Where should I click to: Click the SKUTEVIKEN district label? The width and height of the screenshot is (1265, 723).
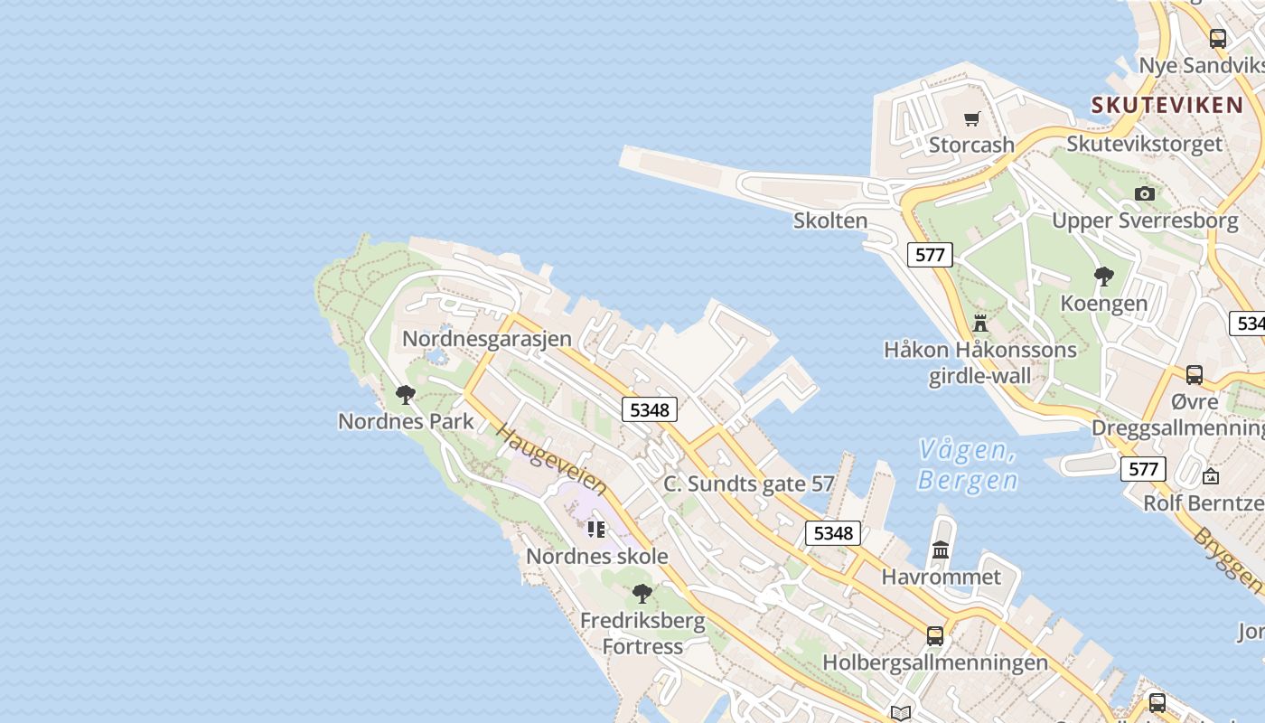pyautogui.click(x=1167, y=105)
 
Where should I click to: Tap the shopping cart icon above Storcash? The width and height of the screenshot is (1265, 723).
pyautogui.click(x=972, y=118)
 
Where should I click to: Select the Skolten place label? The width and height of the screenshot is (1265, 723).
pyautogui.click(x=830, y=221)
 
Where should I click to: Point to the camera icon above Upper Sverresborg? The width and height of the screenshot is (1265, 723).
pyautogui.click(x=1145, y=193)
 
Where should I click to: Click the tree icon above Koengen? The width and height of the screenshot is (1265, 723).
pyautogui.click(x=1103, y=277)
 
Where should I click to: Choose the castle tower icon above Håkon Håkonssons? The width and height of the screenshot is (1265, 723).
pyautogui.click(x=980, y=323)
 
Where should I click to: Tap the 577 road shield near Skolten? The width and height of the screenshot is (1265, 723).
pyautogui.click(x=930, y=255)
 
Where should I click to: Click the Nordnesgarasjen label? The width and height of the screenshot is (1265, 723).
pyautogui.click(x=487, y=338)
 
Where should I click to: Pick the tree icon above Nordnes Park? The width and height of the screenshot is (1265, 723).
pyautogui.click(x=406, y=395)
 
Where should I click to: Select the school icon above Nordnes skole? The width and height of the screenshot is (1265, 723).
pyautogui.click(x=595, y=529)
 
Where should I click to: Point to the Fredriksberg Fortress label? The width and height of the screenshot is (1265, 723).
pyautogui.click(x=642, y=634)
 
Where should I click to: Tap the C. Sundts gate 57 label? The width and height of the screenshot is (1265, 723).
pyautogui.click(x=749, y=484)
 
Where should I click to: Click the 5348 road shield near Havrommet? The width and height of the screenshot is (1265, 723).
pyautogui.click(x=833, y=533)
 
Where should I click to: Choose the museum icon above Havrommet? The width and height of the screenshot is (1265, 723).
pyautogui.click(x=941, y=549)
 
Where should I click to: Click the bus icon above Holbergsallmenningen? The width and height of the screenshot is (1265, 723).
pyautogui.click(x=935, y=635)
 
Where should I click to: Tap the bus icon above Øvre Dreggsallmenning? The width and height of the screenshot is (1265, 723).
pyautogui.click(x=1195, y=375)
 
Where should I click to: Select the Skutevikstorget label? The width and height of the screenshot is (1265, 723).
pyautogui.click(x=1144, y=144)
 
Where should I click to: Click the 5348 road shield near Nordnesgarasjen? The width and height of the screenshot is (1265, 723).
pyautogui.click(x=650, y=410)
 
